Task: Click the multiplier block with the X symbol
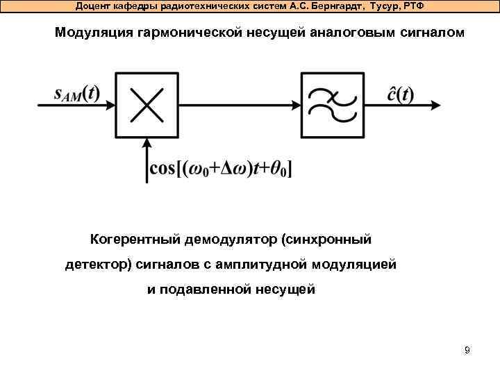[x=147, y=106]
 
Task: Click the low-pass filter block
[x=331, y=106]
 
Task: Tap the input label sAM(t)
[x=76, y=94]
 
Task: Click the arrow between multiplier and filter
[x=243, y=106]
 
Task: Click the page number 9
[x=467, y=350]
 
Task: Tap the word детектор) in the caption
[x=98, y=265]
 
